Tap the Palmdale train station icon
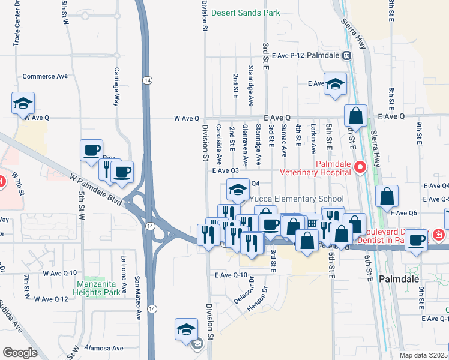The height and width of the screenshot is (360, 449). [x=346, y=55]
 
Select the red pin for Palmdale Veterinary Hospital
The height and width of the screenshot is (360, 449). [x=360, y=167]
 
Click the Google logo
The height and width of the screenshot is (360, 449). [x=20, y=352]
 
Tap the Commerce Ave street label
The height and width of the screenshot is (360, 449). [x=45, y=76]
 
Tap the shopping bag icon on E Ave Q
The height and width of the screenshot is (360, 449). [x=355, y=116]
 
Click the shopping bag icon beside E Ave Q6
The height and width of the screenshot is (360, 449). [x=387, y=196]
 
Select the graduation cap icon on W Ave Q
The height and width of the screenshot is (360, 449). [x=23, y=103]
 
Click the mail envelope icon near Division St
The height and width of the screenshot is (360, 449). [x=197, y=344]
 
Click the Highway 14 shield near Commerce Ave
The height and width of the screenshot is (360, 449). [x=146, y=80]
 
